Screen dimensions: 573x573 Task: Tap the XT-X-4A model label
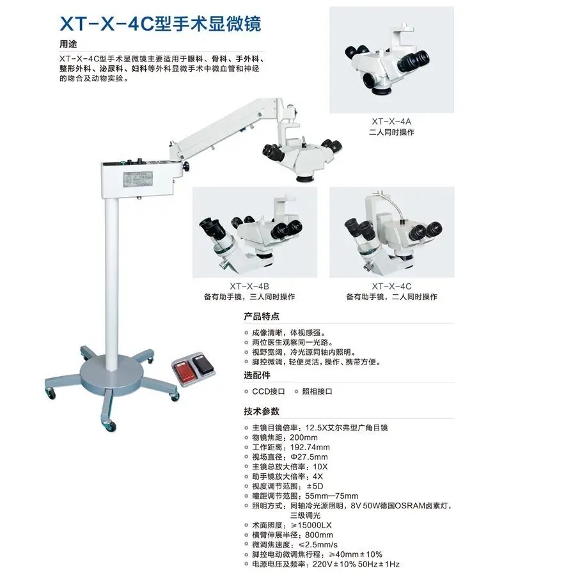[391, 122]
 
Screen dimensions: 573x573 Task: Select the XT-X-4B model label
[249, 286]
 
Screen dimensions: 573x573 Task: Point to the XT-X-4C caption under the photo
[391, 286]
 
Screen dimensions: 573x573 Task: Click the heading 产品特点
[262, 317]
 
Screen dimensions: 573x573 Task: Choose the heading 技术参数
[262, 411]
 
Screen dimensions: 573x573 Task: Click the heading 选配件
[257, 375]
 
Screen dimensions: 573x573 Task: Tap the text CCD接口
[269, 391]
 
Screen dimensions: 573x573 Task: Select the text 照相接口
[317, 391]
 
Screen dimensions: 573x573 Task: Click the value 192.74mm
[310, 447]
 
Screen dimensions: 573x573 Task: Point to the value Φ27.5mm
[309, 457]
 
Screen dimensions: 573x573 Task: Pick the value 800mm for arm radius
[319, 535]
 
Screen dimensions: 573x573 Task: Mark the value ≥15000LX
[311, 525]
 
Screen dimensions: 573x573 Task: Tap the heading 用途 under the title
[68, 44]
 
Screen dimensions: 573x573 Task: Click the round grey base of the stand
[111, 373]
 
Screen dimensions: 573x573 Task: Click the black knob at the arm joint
[186, 167]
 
